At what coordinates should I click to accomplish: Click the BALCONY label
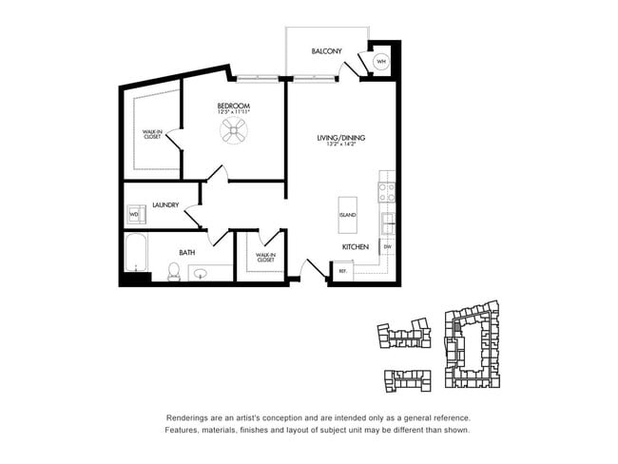(x=327, y=51)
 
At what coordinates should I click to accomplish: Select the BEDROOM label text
(x=233, y=106)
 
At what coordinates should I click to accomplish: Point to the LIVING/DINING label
(x=340, y=138)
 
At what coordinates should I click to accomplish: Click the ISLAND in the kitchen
(x=347, y=215)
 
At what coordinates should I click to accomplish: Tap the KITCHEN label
(x=356, y=247)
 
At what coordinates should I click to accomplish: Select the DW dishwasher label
(x=387, y=247)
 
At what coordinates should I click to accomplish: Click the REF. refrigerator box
(x=343, y=271)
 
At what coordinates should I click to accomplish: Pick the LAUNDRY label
(x=165, y=203)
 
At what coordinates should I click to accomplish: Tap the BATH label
(x=187, y=253)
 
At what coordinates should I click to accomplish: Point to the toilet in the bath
(x=174, y=273)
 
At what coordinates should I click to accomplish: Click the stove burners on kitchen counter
(x=387, y=187)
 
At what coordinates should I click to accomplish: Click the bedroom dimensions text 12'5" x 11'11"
(x=233, y=113)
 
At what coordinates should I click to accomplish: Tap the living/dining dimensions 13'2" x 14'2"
(x=340, y=145)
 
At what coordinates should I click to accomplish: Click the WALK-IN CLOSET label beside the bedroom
(x=151, y=134)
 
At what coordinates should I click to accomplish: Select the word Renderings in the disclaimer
(x=187, y=418)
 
